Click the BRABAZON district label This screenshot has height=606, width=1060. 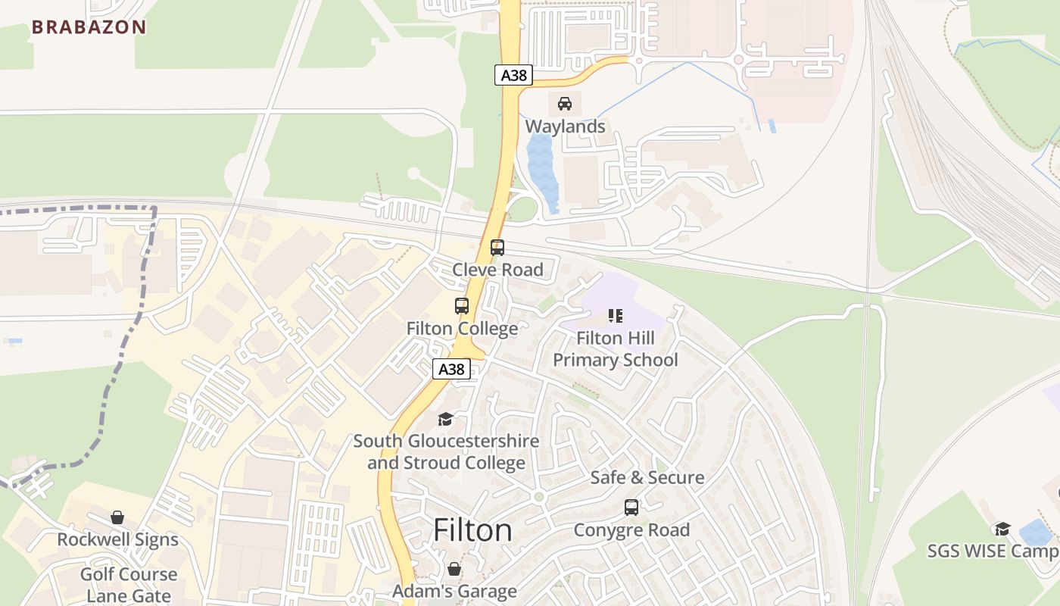tap(89, 27)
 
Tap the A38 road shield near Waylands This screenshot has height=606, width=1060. tap(514, 75)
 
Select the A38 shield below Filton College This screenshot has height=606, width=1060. tap(451, 369)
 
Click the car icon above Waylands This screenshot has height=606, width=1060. tap(565, 104)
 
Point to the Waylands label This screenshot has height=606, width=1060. tap(565, 127)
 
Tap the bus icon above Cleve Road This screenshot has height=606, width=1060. tap(497, 248)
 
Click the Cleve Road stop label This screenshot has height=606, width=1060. tap(497, 270)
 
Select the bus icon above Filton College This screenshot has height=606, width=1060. tap(462, 306)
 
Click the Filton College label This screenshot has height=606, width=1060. tap(462, 329)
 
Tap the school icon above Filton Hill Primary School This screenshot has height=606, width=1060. tap(615, 316)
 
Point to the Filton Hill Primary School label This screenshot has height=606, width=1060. tap(615, 349)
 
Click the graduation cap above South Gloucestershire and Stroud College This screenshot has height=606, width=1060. tap(445, 419)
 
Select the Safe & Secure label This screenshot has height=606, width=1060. tap(647, 478)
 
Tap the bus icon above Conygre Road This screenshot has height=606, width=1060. tap(631, 508)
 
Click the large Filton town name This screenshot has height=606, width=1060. tap(472, 530)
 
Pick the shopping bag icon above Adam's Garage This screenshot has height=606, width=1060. tap(454, 569)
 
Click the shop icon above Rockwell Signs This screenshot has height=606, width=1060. tap(117, 517)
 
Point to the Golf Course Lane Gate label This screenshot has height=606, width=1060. tap(128, 585)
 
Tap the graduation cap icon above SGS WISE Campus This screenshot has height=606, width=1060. tap(1002, 529)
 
